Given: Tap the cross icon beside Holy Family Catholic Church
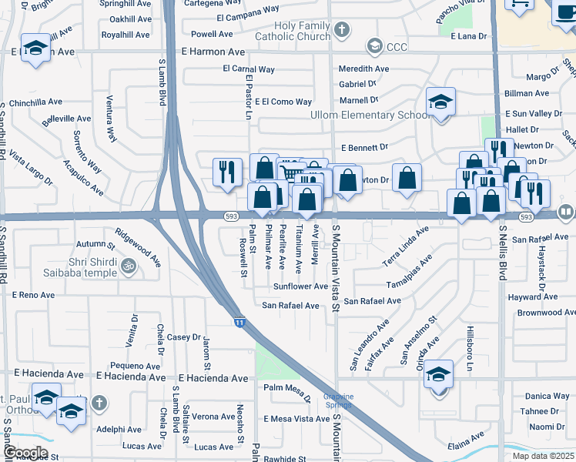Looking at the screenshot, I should (343, 29).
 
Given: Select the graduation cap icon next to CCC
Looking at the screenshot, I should (374, 47).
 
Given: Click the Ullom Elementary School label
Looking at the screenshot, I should (369, 115).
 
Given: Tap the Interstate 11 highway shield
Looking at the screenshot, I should (239, 322).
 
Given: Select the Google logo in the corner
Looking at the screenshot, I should (25, 453).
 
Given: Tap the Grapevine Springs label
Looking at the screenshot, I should (338, 401).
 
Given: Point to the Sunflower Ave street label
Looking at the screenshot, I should (301, 286).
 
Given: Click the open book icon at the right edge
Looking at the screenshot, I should (567, 211).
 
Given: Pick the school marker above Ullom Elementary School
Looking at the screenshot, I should (440, 102).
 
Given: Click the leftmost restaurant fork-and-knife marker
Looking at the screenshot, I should (226, 171).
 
